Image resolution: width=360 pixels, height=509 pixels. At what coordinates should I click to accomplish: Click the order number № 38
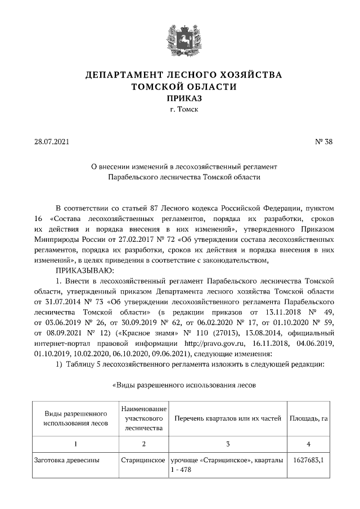tap(324, 142)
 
